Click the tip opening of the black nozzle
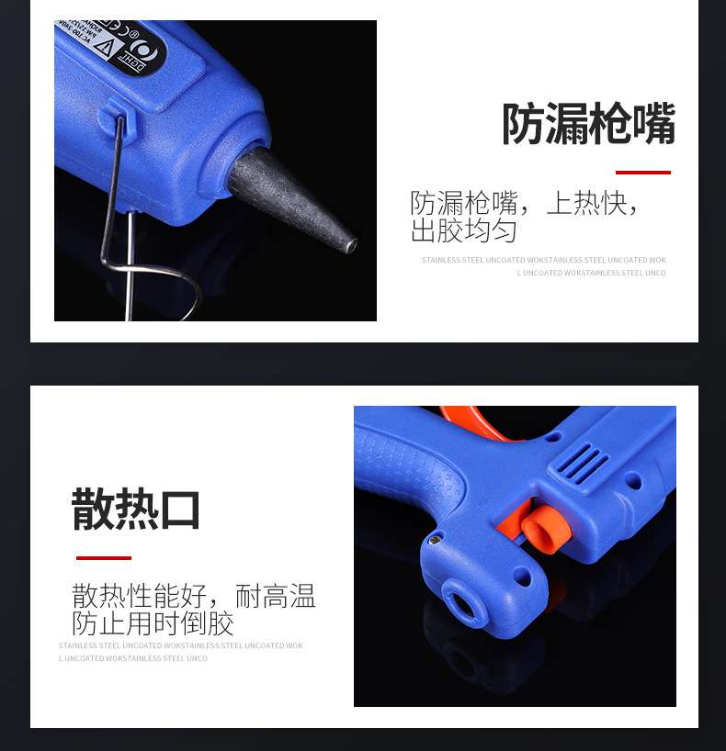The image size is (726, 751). (350, 245)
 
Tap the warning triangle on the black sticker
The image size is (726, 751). (101, 48)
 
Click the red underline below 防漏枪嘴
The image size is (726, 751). (642, 172)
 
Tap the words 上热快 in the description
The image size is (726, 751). (587, 203)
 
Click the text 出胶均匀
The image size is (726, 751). (463, 230)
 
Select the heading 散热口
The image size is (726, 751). (136, 510)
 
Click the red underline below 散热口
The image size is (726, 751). (103, 557)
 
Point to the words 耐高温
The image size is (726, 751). (275, 597)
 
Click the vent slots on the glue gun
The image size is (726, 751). (583, 463)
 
